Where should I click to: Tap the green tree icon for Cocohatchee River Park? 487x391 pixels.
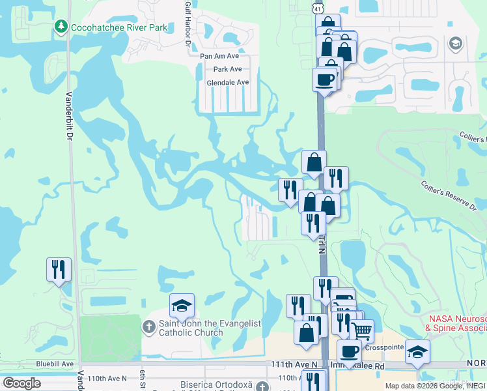point(61,27)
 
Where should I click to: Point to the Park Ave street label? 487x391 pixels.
point(227,69)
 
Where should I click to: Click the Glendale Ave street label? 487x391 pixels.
point(228,83)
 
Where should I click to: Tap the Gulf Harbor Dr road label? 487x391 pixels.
point(187,26)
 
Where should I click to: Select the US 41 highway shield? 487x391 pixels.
point(317,7)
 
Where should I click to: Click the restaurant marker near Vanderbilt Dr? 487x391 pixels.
point(59,269)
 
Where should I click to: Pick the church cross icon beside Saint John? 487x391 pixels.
point(149,327)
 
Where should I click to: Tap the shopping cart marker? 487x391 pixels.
point(362,331)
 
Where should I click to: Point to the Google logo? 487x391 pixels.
point(21,383)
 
